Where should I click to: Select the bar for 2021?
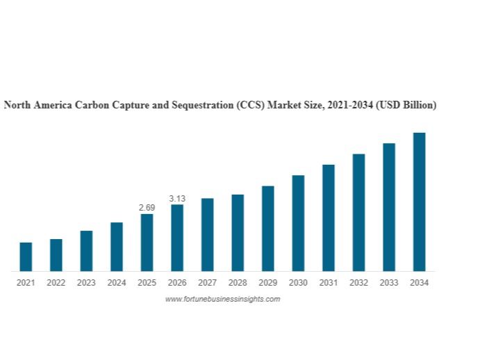click(x=26, y=256)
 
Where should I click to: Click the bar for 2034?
click(x=419, y=202)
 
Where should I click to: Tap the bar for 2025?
click(x=147, y=242)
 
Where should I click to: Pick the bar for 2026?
click(x=177, y=237)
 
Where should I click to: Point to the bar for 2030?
click(x=298, y=222)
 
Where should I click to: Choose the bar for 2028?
click(x=238, y=232)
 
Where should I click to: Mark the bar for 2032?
click(x=358, y=212)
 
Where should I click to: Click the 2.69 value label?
click(x=147, y=208)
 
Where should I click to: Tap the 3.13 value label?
click(x=177, y=199)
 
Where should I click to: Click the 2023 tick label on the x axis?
click(x=86, y=283)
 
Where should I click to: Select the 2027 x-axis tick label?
click(x=207, y=283)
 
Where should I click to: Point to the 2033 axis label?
click(x=389, y=283)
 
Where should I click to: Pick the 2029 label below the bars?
click(x=267, y=283)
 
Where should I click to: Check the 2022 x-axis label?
click(x=56, y=283)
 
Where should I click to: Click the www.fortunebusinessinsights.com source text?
click(x=222, y=299)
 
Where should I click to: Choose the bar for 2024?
click(x=117, y=246)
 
